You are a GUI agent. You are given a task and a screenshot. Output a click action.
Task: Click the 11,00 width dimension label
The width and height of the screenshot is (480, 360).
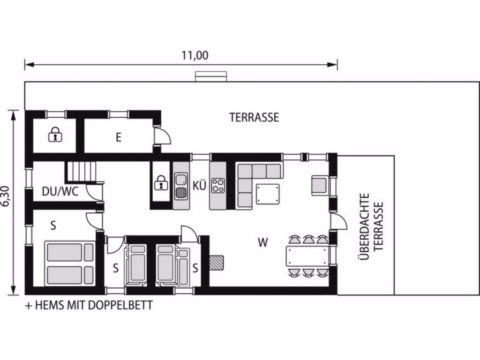click(x=195, y=55)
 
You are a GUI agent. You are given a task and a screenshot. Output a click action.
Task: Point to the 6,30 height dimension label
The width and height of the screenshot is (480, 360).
click(x=7, y=196)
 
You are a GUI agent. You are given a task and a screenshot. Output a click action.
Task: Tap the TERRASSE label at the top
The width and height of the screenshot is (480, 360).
click(x=255, y=118)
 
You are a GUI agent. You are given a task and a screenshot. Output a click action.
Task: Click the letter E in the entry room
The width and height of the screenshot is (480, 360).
click(x=119, y=137)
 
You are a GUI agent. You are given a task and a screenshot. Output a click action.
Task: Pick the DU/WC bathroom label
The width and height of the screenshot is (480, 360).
click(x=60, y=192)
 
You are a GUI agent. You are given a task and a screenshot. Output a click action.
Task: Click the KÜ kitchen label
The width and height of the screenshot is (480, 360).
click(x=199, y=186)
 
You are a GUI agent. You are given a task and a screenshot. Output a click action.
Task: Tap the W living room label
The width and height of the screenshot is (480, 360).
click(x=262, y=242)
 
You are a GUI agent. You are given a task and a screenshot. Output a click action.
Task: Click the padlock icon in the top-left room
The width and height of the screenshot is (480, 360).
click(x=55, y=134)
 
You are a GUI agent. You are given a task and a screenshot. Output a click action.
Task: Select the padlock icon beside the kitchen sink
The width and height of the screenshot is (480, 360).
click(x=161, y=183)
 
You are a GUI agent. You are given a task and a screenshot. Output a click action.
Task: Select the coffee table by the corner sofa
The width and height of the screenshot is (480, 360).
click(x=268, y=194)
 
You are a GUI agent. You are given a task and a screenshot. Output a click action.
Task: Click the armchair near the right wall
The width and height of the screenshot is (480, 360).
click(x=320, y=185)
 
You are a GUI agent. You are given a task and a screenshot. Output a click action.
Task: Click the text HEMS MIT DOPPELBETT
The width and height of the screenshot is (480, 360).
click(x=94, y=305)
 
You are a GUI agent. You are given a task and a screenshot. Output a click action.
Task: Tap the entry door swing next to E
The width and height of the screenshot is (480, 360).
click(x=163, y=136)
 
